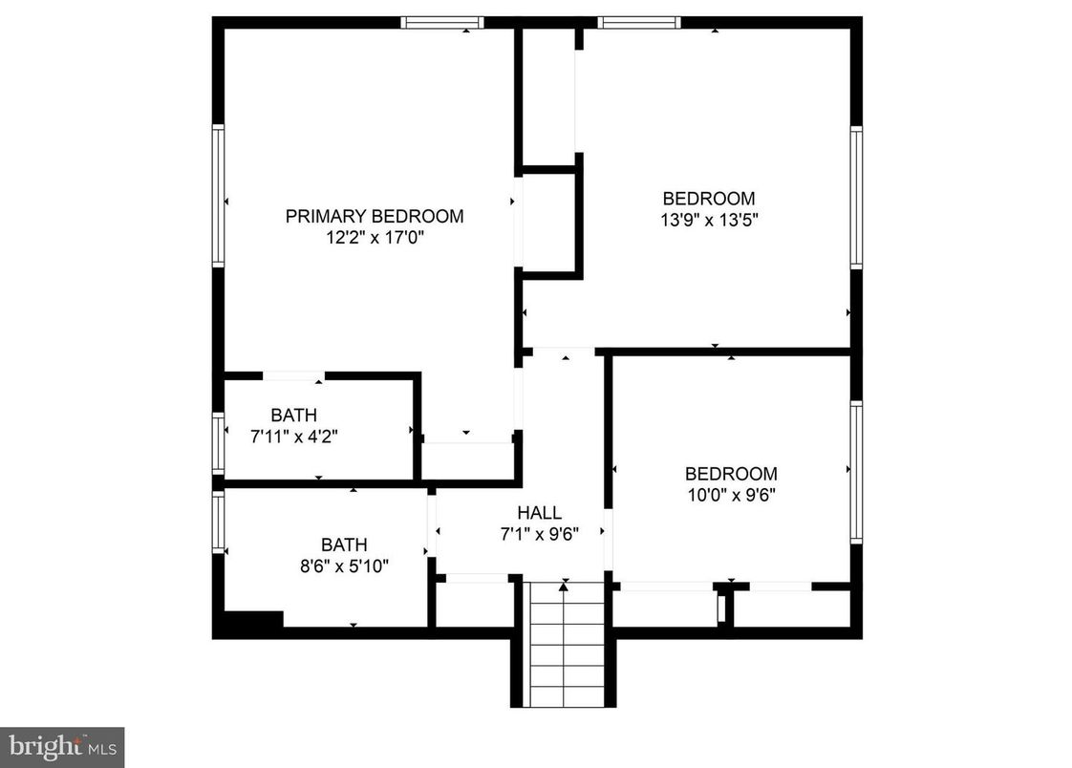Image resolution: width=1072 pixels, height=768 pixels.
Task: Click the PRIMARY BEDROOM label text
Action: coord(375,216)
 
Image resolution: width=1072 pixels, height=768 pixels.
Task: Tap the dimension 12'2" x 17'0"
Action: coord(375,237)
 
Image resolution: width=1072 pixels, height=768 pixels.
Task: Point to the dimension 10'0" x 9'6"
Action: coord(731,495)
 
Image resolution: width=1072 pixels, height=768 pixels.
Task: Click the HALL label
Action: coord(539,513)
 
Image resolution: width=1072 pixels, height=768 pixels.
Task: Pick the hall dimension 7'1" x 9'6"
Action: coord(539,534)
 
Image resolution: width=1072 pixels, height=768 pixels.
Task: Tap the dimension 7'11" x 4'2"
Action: coord(293,437)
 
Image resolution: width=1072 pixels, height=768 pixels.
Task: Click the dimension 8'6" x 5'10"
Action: coord(344,565)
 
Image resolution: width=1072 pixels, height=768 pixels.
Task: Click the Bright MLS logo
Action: coord(62,746)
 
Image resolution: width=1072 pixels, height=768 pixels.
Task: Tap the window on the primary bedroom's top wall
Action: coord(441,22)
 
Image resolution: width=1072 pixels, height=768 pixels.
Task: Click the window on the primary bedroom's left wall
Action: coord(218,196)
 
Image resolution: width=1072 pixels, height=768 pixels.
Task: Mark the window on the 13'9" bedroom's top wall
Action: coord(638,22)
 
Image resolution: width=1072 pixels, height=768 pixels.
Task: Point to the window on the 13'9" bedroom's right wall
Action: coord(856,198)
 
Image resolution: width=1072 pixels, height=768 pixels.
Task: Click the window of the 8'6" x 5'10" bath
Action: coord(218,522)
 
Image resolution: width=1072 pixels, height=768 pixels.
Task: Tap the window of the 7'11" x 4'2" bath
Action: coord(218,442)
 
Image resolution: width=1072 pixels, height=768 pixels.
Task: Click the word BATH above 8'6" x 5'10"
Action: coord(344,545)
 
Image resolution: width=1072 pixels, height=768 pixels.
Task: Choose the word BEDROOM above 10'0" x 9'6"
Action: coord(731,474)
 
